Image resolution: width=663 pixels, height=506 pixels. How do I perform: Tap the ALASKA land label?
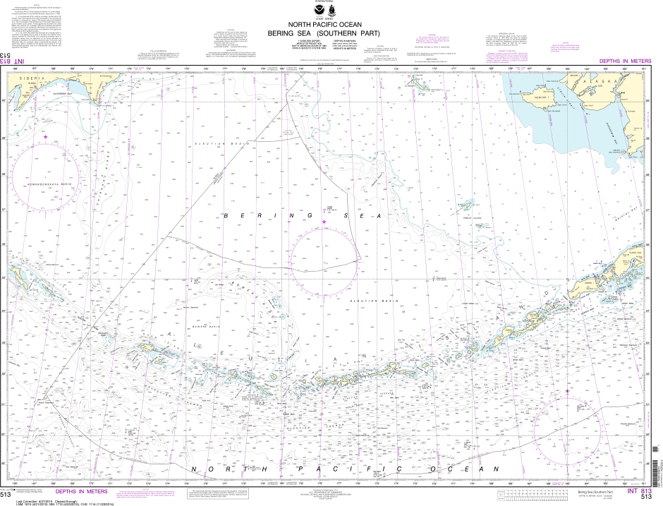[609, 80]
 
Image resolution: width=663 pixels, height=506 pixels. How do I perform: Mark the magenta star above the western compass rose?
[46, 135]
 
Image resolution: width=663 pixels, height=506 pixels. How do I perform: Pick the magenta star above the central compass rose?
[324, 222]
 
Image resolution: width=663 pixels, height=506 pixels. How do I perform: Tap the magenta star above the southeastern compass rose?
[566, 391]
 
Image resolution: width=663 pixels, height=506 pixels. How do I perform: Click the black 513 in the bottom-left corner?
[6, 495]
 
